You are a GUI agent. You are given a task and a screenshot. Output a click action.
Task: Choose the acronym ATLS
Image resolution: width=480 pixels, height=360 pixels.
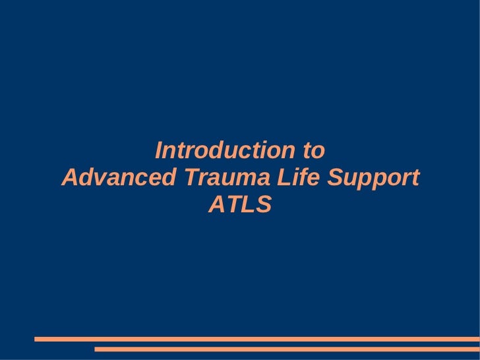click(x=240, y=206)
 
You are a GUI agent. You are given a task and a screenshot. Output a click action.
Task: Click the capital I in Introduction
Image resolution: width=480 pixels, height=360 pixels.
click(x=158, y=151)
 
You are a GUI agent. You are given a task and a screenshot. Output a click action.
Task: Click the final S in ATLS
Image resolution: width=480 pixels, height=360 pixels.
click(x=264, y=206)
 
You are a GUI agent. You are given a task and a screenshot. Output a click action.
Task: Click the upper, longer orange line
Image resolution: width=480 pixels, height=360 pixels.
click(x=257, y=340)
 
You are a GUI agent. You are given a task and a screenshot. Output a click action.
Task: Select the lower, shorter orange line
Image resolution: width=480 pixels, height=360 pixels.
click(x=287, y=349)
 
